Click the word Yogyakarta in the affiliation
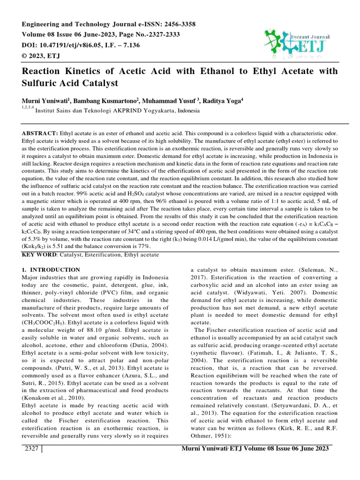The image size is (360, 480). coord(155,111)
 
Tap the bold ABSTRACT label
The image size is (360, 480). coord(40,133)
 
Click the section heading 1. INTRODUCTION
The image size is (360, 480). coord(52,270)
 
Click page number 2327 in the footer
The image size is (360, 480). coord(31,449)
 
